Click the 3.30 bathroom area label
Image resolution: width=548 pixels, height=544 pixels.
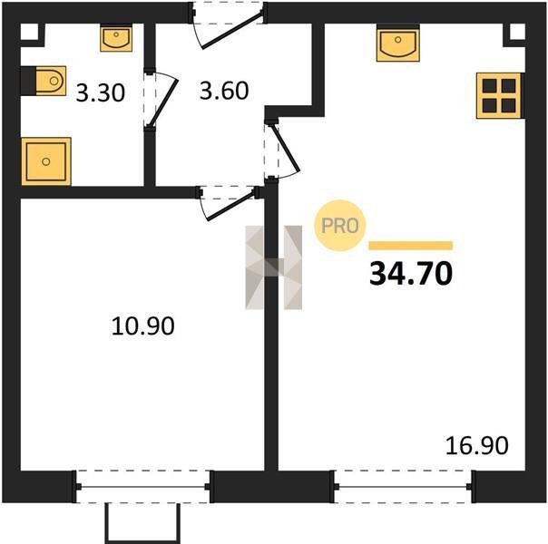(101, 93)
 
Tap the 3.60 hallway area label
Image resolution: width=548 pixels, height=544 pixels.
(224, 91)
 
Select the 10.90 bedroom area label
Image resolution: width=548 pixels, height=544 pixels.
(143, 326)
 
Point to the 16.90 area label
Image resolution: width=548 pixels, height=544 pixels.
(477, 445)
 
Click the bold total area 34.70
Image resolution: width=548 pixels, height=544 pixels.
(411, 274)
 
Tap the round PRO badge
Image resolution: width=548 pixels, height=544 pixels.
(339, 226)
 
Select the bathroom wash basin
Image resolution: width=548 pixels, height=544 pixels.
(116, 38)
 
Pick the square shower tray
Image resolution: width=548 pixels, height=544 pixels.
(46, 161)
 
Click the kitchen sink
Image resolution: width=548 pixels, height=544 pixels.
(397, 43)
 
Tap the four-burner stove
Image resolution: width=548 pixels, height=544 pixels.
(499, 96)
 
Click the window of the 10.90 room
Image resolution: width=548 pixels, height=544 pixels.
(143, 486)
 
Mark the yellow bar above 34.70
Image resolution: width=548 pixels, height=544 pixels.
(411, 246)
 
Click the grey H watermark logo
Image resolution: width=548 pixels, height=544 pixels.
(274, 267)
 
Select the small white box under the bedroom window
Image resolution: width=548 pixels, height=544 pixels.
(143, 523)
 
